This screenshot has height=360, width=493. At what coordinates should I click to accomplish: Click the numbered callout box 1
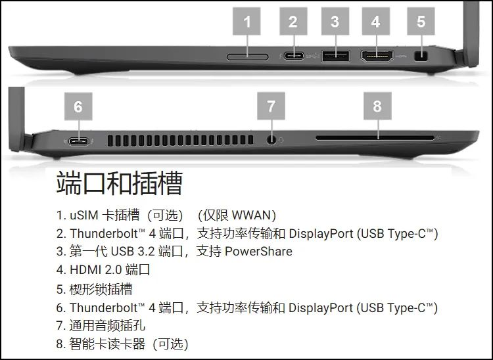[x=246, y=22]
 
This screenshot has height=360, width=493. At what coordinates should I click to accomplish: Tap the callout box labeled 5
[x=421, y=22]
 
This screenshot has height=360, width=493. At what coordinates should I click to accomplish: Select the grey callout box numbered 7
[x=271, y=106]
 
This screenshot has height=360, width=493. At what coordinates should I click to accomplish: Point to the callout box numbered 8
[x=377, y=106]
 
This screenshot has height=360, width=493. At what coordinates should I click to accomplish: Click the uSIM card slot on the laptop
[x=247, y=57]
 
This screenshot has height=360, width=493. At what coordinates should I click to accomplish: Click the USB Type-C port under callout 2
[x=294, y=56]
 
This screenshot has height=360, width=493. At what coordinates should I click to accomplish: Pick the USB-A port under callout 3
[x=335, y=56]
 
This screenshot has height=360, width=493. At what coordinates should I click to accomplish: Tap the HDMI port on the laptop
[x=377, y=56]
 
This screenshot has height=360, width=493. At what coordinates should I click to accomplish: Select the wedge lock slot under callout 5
[x=421, y=56]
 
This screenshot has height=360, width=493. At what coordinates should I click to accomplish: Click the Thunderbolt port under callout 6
[x=79, y=141]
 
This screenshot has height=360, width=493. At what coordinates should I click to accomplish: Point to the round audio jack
[x=271, y=139]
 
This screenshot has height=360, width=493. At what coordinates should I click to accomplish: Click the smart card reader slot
[x=375, y=138]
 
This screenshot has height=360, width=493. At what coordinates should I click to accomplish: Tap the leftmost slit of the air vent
[x=110, y=141]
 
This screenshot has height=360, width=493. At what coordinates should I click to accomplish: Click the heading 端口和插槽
[x=120, y=183]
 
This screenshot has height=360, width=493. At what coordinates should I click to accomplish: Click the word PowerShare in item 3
[x=258, y=252]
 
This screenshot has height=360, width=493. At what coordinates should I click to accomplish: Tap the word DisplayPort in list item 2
[x=321, y=234]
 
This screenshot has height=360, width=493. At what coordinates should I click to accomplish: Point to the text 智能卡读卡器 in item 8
[x=107, y=344]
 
